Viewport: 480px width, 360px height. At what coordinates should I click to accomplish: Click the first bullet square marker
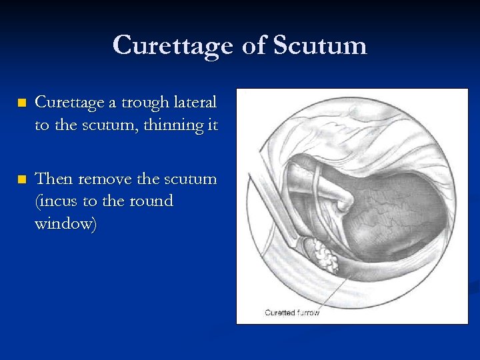(x=21, y=103)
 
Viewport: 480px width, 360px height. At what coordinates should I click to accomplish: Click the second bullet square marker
(x=21, y=179)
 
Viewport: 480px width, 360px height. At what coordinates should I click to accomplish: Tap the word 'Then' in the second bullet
(x=55, y=179)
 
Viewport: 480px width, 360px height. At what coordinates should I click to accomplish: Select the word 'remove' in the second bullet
(x=107, y=179)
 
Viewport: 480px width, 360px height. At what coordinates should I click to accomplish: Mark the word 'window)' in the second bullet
(x=66, y=223)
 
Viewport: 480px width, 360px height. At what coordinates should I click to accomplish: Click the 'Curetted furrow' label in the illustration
(x=292, y=312)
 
